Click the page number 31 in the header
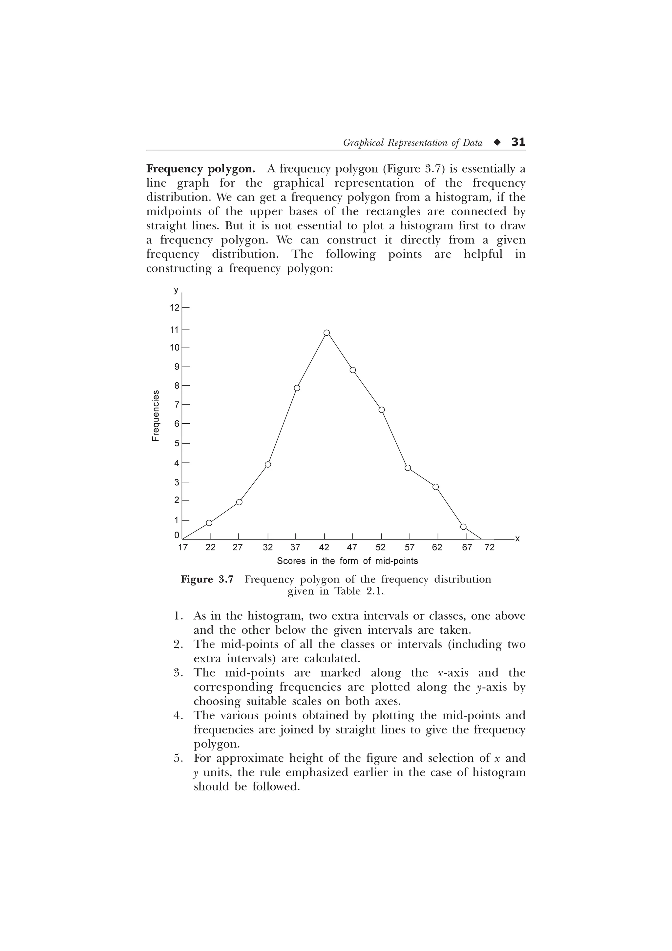[x=518, y=142]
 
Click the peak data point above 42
[x=327, y=333]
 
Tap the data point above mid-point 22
[x=209, y=523]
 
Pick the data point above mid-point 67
[x=463, y=526]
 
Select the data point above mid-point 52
[x=382, y=410]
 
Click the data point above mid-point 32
[x=268, y=464]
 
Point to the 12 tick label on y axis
[x=174, y=308]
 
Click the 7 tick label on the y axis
[x=177, y=405]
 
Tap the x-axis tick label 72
[x=490, y=548]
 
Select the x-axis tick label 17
[x=182, y=548]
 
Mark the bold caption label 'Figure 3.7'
[x=207, y=579]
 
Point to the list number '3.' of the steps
[x=178, y=673]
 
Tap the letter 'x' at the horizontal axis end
[x=517, y=539]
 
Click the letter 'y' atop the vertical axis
[x=176, y=290]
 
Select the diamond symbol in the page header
[x=497, y=142]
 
